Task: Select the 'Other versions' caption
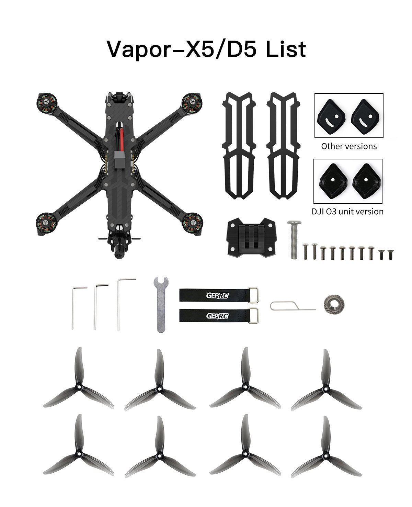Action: pos(349,146)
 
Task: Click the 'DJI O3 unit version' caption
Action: pos(347,211)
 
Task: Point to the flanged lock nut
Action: pos(334,304)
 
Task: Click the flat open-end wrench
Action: pos(161,304)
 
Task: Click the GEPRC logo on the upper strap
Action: pos(217,295)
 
